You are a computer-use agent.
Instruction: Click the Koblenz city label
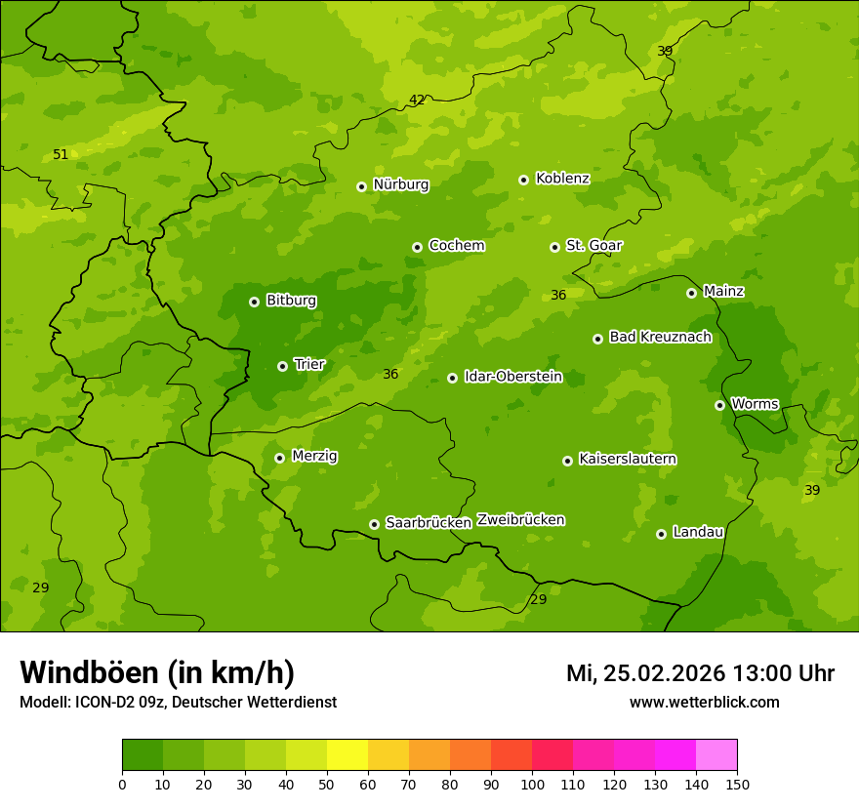[x=562, y=179]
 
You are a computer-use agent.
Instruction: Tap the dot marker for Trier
[x=282, y=366]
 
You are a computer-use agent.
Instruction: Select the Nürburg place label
[x=400, y=184]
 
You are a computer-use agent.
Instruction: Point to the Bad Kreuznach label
[x=660, y=337]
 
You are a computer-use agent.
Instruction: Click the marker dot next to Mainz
[x=691, y=293]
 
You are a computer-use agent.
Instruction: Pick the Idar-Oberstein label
[x=512, y=377]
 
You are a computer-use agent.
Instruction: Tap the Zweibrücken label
[x=520, y=520]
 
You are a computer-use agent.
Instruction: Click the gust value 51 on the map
[x=61, y=154]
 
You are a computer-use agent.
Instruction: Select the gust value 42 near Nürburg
[x=417, y=100]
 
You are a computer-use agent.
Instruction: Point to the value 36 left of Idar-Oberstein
[x=390, y=374]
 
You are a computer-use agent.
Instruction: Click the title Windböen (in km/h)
[x=157, y=672]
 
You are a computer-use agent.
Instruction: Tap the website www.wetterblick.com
[x=704, y=702]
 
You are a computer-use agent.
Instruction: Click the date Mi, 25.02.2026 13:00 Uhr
[x=700, y=673]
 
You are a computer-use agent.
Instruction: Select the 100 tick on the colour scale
[x=532, y=784]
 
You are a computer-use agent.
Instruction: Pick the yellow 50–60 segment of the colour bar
[x=348, y=755]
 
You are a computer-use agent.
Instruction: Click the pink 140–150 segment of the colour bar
[x=716, y=755]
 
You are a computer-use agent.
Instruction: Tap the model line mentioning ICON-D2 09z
[x=178, y=702]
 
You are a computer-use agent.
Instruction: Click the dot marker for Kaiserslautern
[x=567, y=461]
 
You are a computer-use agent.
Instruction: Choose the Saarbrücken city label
[x=429, y=523]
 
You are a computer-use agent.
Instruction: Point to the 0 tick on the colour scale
[x=122, y=784]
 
